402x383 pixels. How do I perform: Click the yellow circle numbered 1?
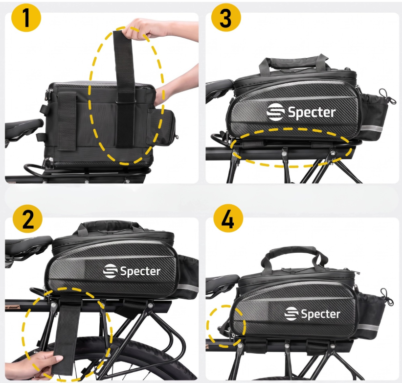tap(26, 18)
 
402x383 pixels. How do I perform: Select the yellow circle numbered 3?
tap(226, 18)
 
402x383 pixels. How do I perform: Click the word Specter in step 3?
tap(312, 112)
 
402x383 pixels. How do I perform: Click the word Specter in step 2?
tap(140, 271)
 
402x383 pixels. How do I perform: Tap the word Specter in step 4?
tap(320, 313)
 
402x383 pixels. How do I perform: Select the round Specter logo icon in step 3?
tap(275, 112)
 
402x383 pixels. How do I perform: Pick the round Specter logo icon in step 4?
tap(292, 313)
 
